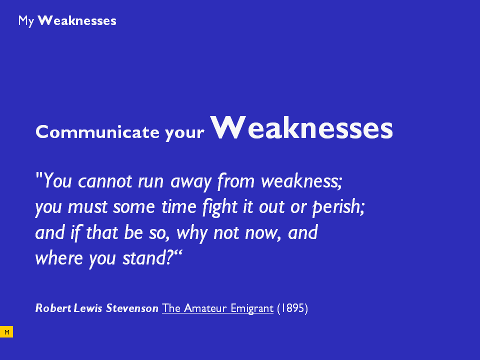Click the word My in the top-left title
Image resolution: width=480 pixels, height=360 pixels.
click(26, 21)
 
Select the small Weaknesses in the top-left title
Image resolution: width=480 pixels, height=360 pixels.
click(77, 21)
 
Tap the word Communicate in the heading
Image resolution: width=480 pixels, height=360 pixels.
click(97, 132)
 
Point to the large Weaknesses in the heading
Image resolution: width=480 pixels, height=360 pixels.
click(301, 128)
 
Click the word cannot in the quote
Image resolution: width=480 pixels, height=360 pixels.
click(105, 181)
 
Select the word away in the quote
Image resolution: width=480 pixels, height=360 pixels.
click(190, 182)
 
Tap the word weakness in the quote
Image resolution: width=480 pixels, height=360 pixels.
click(301, 181)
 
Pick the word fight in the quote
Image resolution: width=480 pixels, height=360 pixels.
click(220, 207)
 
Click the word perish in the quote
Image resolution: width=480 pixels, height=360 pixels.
click(338, 207)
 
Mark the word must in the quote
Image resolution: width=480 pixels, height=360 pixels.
click(87, 207)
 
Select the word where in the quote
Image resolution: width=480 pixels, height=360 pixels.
click(59, 258)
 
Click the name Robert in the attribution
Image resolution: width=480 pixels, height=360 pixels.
click(53, 308)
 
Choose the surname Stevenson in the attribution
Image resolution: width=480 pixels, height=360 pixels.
click(132, 308)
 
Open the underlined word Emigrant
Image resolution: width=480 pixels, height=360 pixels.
click(252, 308)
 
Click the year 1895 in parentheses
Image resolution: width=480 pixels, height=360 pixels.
click(292, 308)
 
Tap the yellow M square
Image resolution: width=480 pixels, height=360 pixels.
click(6, 332)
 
